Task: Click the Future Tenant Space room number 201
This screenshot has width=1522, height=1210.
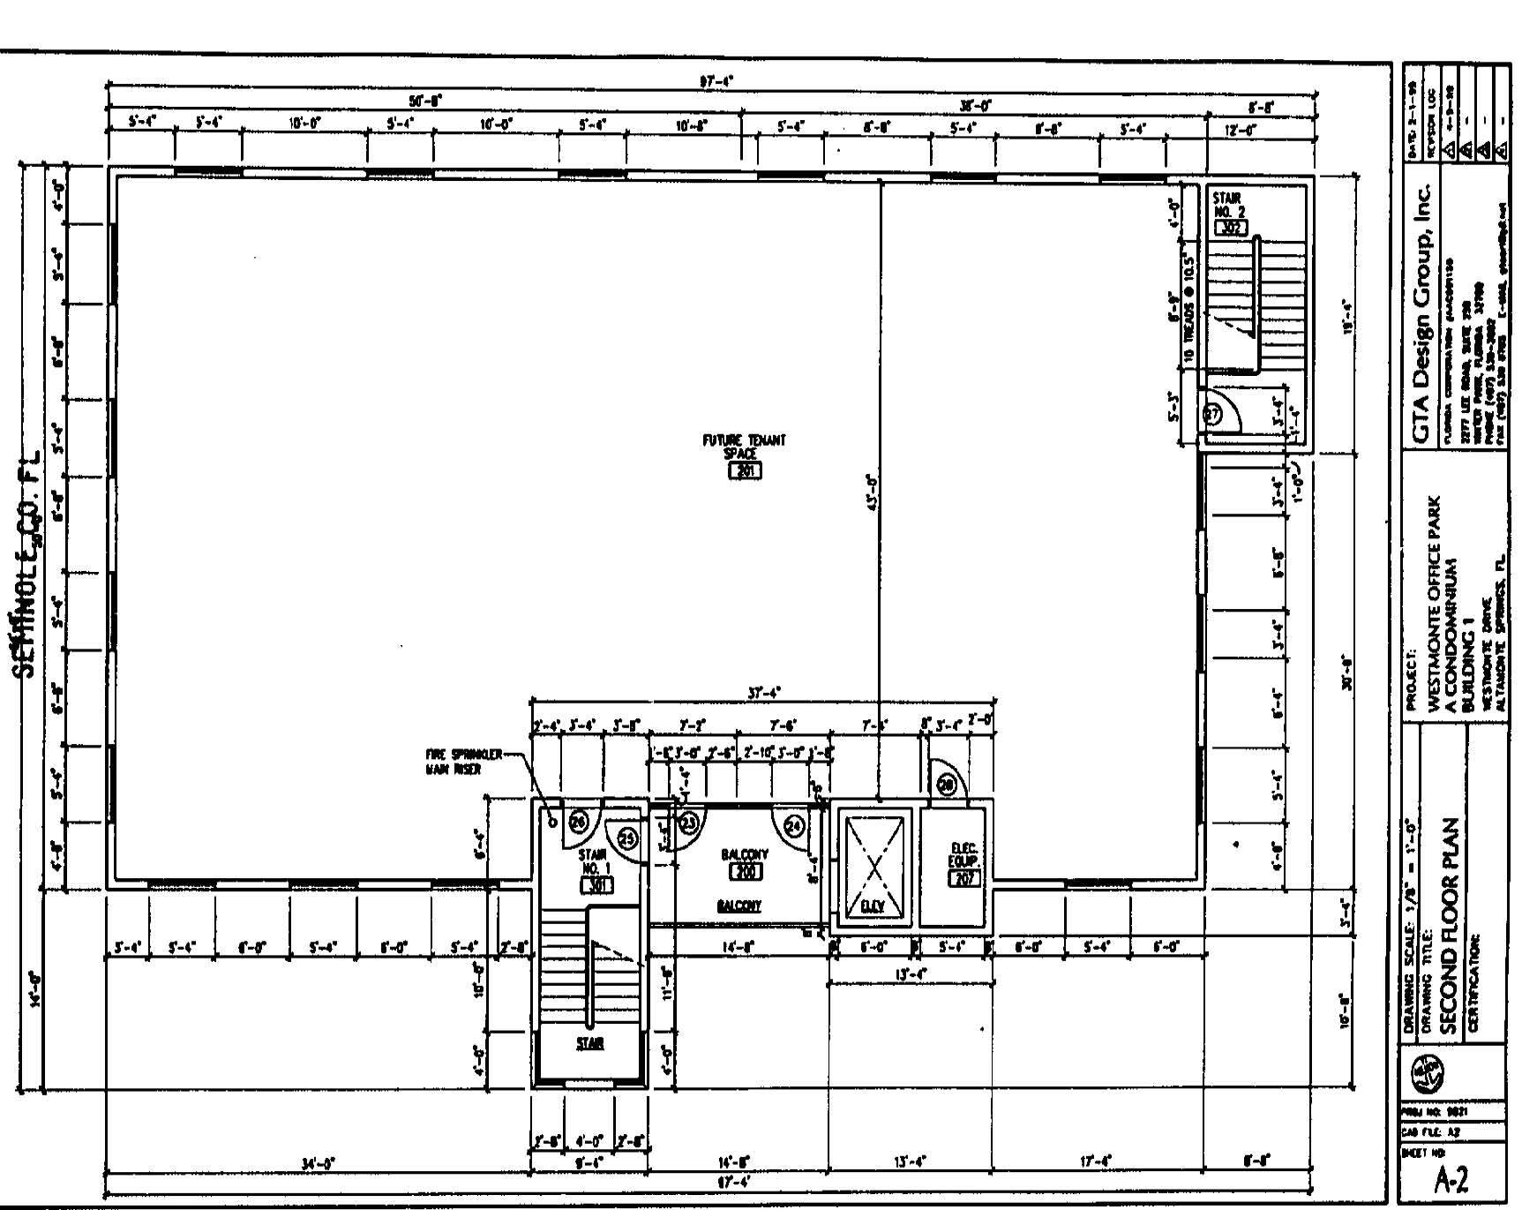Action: point(744,470)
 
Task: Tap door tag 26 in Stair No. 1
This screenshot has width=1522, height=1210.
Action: point(578,822)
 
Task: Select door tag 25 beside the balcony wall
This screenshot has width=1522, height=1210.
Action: point(627,838)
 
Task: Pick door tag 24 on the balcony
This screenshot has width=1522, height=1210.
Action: point(795,825)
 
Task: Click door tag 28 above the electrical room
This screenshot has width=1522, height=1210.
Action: point(945,785)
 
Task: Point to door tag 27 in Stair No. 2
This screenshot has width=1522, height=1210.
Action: point(1213,414)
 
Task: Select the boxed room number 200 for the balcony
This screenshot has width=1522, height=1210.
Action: point(745,872)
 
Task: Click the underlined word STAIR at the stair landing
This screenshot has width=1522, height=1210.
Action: point(589,1043)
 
